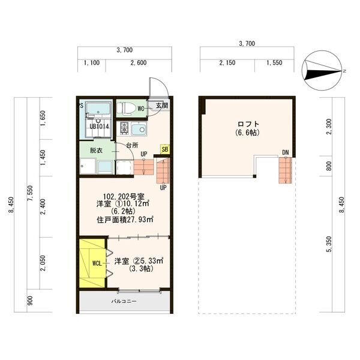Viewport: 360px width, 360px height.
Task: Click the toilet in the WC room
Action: [126, 108]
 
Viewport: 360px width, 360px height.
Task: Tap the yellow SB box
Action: [165, 149]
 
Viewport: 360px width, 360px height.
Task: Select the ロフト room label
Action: [248, 124]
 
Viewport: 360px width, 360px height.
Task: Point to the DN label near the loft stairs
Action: [286, 152]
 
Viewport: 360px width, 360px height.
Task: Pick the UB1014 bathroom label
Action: [99, 126]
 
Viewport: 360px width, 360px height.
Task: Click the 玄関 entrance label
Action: [162, 106]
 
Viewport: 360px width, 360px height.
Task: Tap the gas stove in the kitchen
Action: [124, 128]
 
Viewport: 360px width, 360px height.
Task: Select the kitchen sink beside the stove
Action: [139, 128]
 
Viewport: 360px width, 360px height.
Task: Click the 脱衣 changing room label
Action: [96, 151]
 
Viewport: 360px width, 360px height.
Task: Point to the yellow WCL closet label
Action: [97, 263]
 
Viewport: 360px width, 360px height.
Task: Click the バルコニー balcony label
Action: [124, 301]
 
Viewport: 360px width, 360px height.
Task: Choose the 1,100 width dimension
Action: [92, 62]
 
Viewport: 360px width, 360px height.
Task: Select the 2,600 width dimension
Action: [139, 62]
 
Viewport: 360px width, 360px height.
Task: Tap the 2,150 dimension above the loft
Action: [227, 62]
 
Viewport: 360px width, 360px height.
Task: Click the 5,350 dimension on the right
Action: [329, 244]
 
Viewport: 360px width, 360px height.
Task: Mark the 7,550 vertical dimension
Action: [30, 193]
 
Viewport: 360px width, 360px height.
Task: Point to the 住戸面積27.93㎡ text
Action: [125, 220]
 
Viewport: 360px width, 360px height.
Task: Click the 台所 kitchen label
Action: [132, 145]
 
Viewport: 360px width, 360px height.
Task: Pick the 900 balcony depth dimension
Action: [30, 301]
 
